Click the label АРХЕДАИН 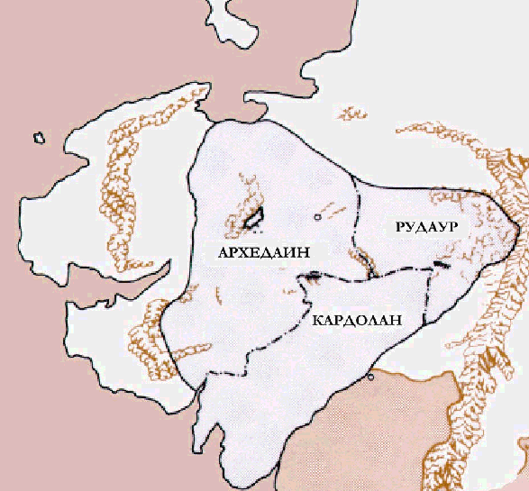click(259, 252)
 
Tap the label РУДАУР click(427, 229)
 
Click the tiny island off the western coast click(39, 138)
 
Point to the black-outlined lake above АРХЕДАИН click(253, 216)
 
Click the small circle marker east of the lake click(317, 217)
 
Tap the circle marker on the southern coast click(371, 377)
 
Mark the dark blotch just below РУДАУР click(440, 263)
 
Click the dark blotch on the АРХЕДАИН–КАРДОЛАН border click(311, 278)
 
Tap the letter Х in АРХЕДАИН click(241, 252)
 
